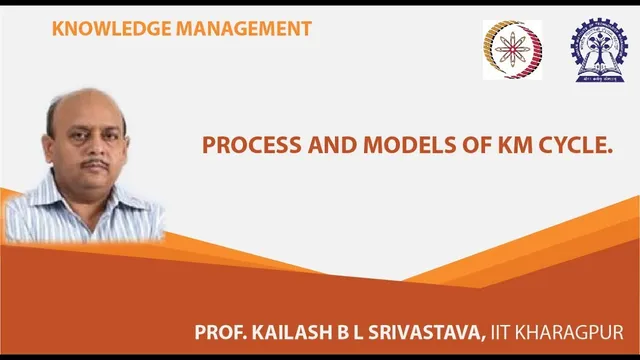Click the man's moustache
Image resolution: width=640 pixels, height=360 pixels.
pyautogui.click(x=95, y=163)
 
